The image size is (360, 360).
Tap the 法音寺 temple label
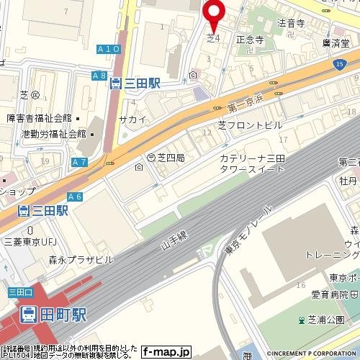(x=292, y=23)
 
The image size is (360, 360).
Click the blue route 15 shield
(x=339, y=66)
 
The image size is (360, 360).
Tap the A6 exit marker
(x=75, y=197)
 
